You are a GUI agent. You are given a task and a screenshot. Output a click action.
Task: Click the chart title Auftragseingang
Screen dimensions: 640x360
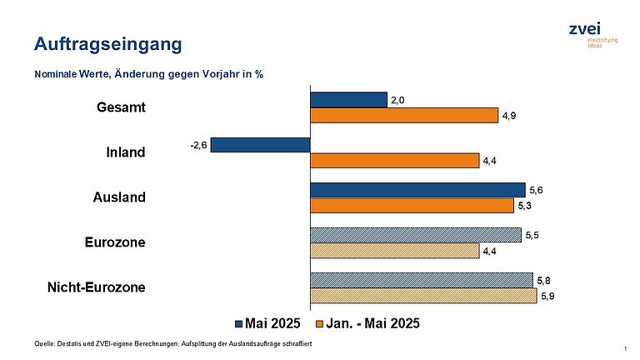(108, 44)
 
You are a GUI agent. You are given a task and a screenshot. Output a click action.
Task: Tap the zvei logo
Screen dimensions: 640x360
(593, 35)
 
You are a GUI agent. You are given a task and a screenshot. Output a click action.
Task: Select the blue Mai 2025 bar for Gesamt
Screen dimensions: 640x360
(348, 100)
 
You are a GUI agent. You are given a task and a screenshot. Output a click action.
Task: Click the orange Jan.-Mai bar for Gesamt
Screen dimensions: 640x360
(404, 116)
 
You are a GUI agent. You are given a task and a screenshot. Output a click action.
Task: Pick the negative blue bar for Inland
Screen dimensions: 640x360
(260, 145)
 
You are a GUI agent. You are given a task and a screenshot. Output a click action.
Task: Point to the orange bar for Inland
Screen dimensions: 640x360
(395, 161)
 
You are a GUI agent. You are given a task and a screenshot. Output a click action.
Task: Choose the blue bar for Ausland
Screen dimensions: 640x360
(418, 190)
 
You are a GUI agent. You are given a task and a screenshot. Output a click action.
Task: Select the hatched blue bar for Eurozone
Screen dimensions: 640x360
(416, 235)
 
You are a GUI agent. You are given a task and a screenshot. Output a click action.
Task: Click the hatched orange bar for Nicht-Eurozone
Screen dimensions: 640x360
(423, 296)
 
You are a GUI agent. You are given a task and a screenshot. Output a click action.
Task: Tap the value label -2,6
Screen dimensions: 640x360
(199, 145)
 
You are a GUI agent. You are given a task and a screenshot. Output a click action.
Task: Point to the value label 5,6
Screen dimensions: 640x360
(536, 190)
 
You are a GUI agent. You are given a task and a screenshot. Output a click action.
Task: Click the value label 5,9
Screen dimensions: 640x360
(547, 296)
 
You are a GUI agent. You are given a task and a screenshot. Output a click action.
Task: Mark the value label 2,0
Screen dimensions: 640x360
(397, 100)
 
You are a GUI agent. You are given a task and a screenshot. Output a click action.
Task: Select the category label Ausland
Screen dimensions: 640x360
(119, 197)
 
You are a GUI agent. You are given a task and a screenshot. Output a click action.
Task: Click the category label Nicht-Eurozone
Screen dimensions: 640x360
(97, 287)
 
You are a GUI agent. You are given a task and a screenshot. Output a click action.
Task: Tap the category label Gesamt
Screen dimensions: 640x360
(121, 107)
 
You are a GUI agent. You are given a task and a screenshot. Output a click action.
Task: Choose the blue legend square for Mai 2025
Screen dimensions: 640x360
(239, 324)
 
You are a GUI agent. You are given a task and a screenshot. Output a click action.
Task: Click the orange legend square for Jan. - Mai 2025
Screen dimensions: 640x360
(320, 324)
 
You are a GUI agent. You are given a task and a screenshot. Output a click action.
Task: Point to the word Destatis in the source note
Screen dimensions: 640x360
(69, 343)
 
